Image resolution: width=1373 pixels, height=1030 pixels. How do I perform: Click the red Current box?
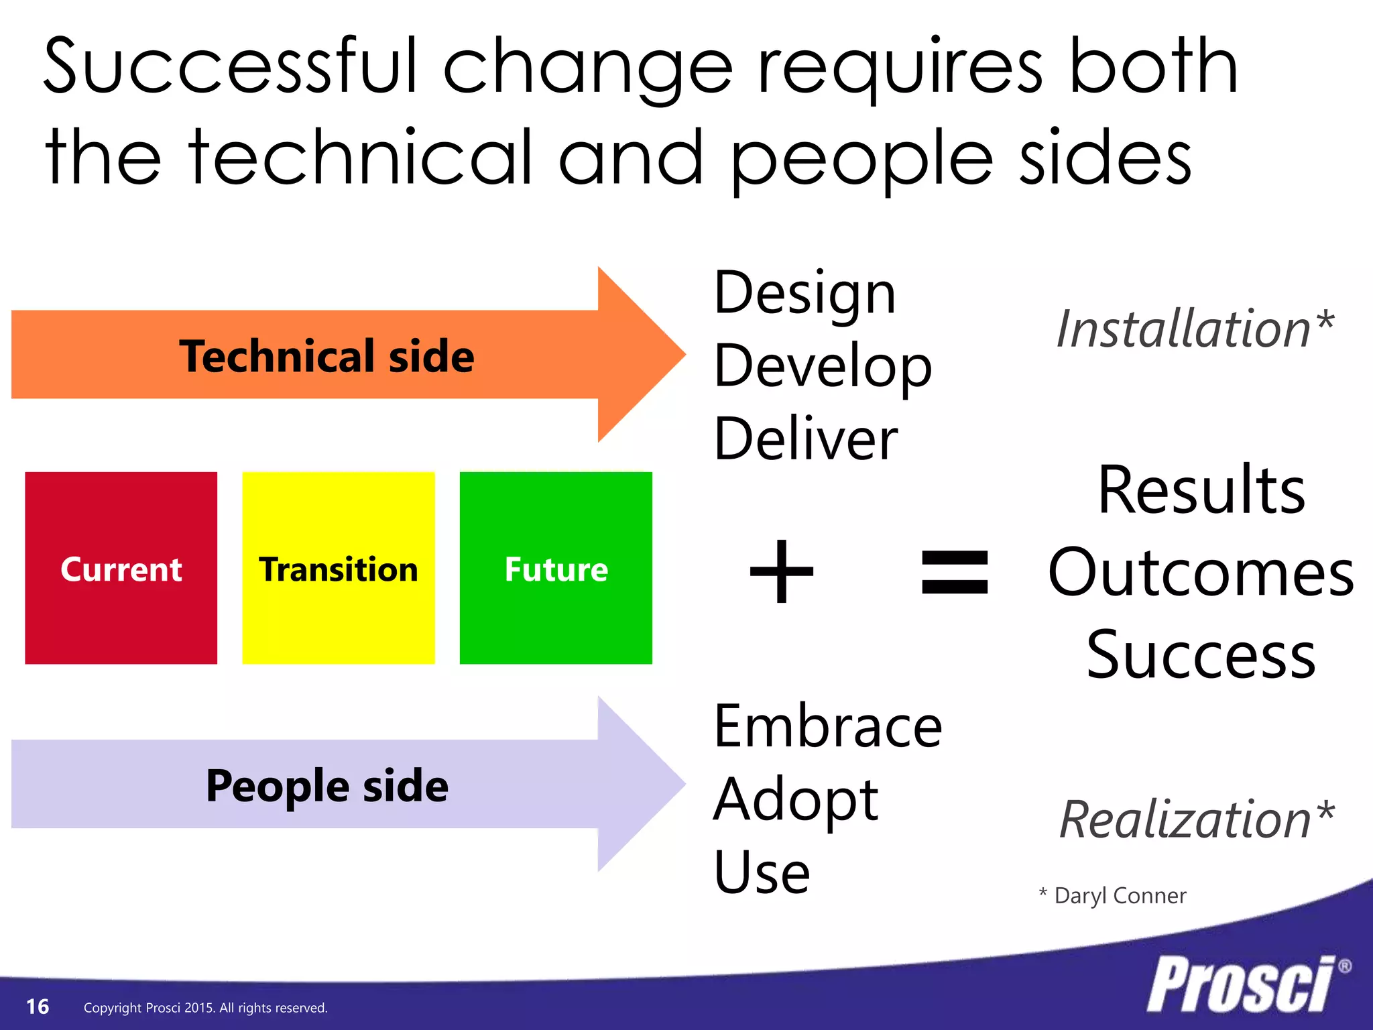(x=121, y=568)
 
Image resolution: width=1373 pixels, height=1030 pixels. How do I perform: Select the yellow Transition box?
(x=339, y=568)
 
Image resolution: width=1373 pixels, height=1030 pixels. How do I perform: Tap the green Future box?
(x=556, y=568)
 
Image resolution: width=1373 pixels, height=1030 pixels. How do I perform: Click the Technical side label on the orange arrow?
(x=326, y=356)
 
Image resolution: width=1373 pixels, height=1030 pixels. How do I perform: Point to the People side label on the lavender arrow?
(x=326, y=785)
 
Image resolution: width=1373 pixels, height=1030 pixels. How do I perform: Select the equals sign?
(x=955, y=572)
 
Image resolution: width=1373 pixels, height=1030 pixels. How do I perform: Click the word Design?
(x=804, y=295)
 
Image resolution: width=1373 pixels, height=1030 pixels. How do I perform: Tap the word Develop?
(x=823, y=367)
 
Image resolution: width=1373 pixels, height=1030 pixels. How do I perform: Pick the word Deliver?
(x=806, y=440)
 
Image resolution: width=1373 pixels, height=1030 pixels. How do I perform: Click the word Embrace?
(x=828, y=727)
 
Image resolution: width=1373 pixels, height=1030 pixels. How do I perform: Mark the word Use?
(x=762, y=873)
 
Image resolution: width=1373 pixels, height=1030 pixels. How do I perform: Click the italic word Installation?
(x=1184, y=329)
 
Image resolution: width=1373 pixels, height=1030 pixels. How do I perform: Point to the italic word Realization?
(x=1185, y=819)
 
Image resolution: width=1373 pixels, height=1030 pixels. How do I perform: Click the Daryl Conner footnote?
(x=1113, y=896)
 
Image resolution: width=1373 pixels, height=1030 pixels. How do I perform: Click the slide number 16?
(x=38, y=1007)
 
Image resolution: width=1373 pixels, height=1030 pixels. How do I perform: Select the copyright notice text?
(x=205, y=1008)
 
